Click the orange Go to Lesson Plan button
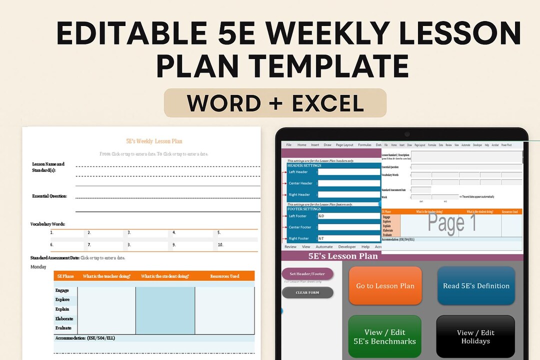click(x=385, y=286)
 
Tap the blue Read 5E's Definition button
click(x=476, y=286)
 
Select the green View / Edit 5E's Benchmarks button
click(x=385, y=336)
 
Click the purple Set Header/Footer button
click(x=307, y=273)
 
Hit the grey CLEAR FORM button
click(x=307, y=292)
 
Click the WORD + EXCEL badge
click(x=275, y=103)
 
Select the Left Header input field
click(x=349, y=172)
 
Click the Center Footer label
click(x=300, y=227)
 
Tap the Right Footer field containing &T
click(x=349, y=238)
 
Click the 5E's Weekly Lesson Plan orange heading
click(x=154, y=141)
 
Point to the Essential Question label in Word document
click(x=49, y=196)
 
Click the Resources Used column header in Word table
click(x=224, y=276)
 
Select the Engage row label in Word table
click(x=62, y=290)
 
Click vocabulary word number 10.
click(x=220, y=245)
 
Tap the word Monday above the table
click(x=38, y=267)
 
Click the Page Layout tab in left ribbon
click(x=344, y=145)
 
